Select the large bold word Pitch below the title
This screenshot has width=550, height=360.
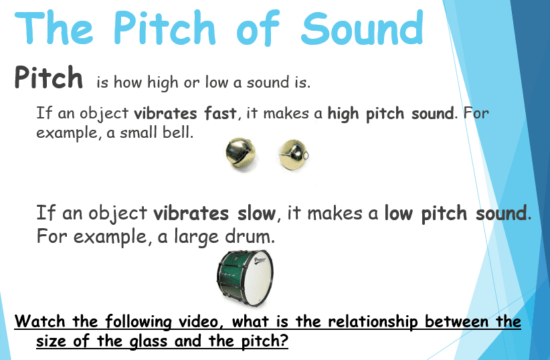[49, 78]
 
